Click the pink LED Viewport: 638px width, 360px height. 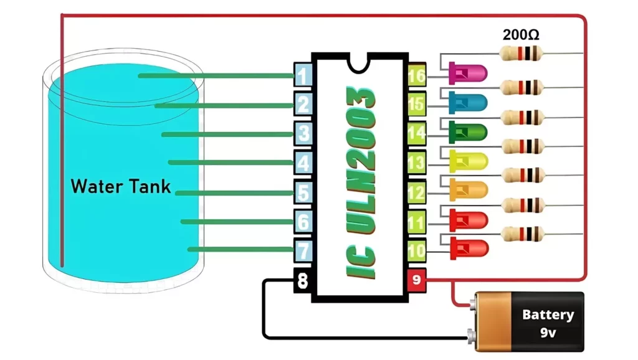[467, 74]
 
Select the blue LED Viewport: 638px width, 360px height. [467, 102]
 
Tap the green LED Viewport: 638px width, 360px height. [467, 131]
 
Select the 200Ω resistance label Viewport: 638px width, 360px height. [521, 35]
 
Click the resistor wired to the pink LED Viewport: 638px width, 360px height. [521, 55]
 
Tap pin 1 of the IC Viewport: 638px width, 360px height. [303, 76]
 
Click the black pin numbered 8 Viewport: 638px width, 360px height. [303, 281]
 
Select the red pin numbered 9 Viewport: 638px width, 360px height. [416, 281]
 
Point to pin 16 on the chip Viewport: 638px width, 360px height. [416, 76]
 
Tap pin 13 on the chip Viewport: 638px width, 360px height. [416, 164]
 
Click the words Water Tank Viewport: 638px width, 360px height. [120, 186]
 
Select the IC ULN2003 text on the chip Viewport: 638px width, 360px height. [360, 182]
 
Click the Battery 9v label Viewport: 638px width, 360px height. [547, 322]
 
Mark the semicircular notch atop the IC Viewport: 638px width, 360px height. [359, 60]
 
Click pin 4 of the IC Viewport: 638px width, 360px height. [303, 164]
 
